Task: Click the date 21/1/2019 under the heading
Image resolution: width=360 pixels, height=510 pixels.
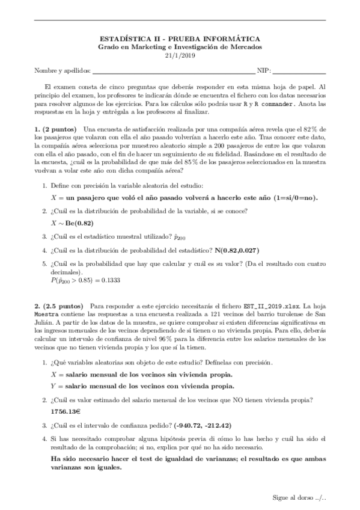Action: (180, 55)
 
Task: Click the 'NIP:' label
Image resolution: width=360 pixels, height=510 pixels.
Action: (263, 70)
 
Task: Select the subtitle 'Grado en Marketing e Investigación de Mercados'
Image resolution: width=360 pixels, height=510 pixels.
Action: (180, 47)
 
